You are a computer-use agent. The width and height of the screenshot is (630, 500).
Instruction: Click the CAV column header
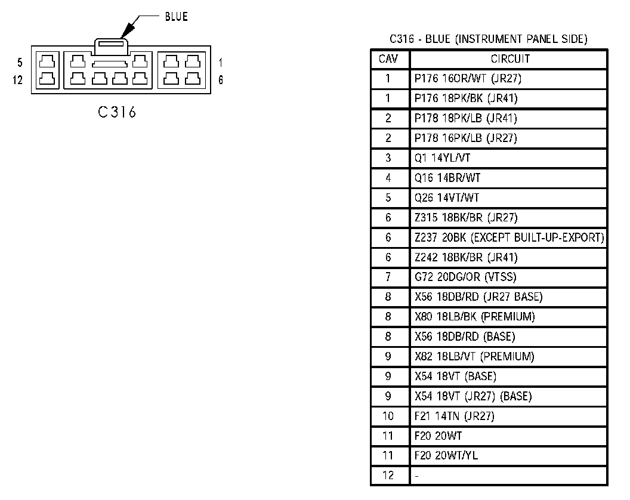[x=388, y=59]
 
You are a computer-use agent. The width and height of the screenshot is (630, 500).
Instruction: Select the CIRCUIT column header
[x=509, y=59]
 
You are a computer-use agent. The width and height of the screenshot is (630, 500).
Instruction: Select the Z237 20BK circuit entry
[x=509, y=237]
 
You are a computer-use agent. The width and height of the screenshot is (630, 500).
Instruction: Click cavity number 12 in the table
[x=388, y=476]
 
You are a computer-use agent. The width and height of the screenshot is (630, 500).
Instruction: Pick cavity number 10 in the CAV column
[x=388, y=416]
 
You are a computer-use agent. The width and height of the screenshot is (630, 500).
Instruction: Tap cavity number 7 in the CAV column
[x=388, y=277]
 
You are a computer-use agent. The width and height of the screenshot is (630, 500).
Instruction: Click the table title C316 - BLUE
[x=488, y=40]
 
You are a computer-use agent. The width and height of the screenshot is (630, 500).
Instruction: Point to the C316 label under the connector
[x=118, y=112]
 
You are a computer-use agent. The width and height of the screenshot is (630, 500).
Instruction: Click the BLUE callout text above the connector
[x=176, y=17]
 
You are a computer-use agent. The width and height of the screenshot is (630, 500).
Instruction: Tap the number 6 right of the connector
[x=221, y=80]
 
